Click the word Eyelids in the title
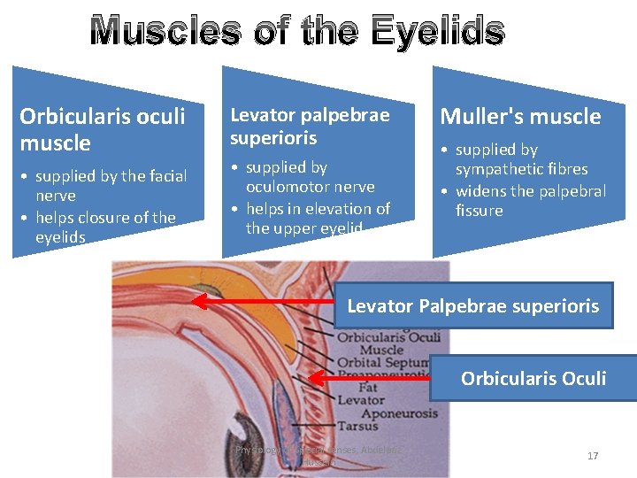tap(438, 31)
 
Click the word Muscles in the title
tap(165, 31)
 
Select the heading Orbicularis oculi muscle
tap(102, 129)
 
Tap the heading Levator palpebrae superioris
tap(310, 127)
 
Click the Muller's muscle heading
tap(520, 116)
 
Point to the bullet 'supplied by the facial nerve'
tap(106, 186)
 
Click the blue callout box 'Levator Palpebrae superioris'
tap(473, 306)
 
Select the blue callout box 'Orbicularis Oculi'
tap(533, 379)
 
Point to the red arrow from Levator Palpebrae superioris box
tap(265, 302)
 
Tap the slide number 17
tap(593, 456)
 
